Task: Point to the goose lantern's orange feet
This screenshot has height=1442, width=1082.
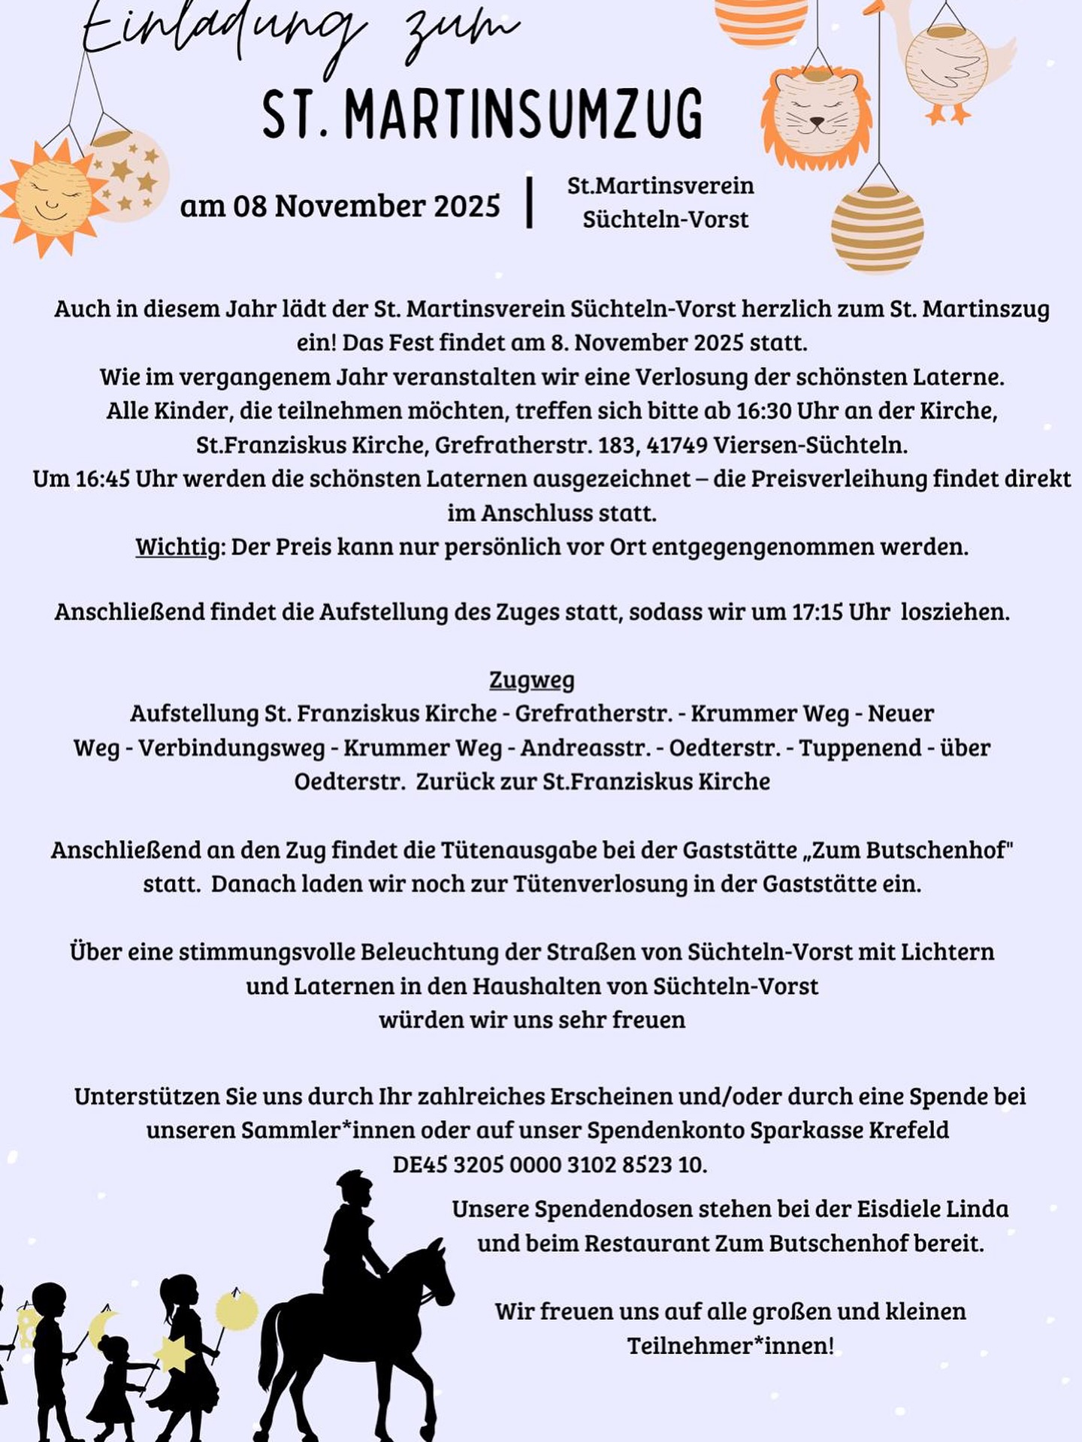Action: click(x=948, y=113)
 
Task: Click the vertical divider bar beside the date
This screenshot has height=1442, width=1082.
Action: click(x=530, y=201)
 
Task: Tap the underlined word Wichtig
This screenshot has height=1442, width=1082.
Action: click(x=178, y=547)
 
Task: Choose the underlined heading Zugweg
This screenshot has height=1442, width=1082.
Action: click(x=532, y=680)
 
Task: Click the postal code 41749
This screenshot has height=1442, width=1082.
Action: click(x=677, y=445)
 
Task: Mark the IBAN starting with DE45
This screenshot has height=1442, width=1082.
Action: click(x=549, y=1165)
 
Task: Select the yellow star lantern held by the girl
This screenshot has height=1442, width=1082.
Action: click(x=174, y=1352)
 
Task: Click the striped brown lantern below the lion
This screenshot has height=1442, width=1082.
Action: click(x=877, y=228)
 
